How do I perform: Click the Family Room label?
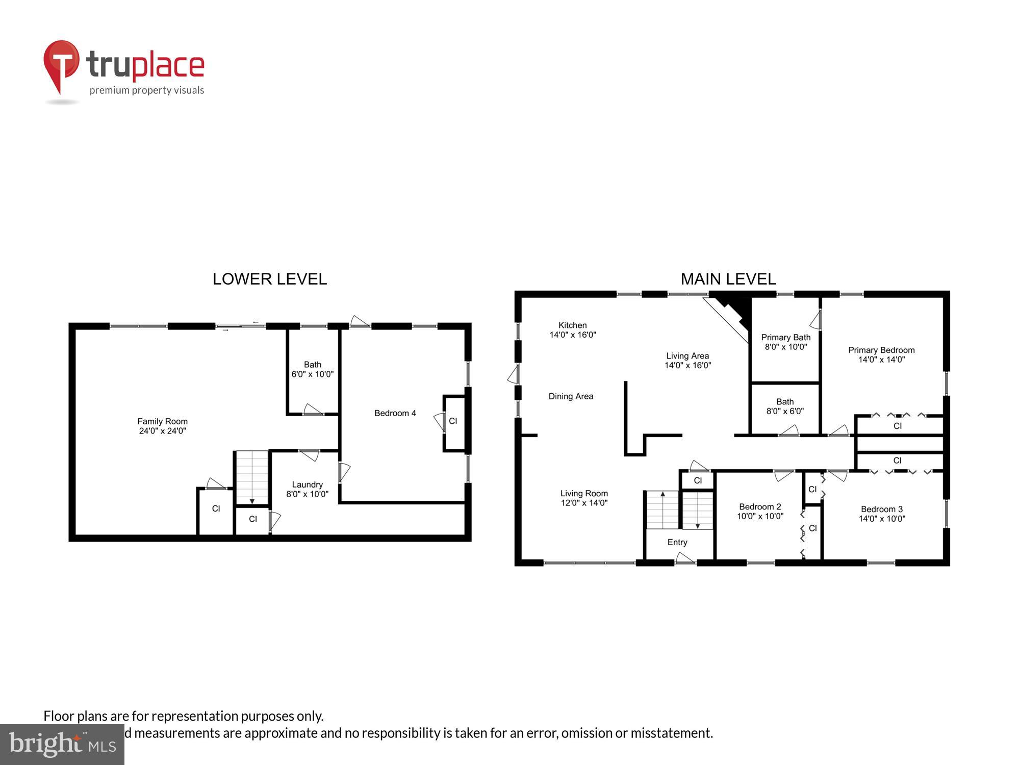[x=162, y=426]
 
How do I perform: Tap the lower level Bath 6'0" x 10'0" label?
[x=312, y=369]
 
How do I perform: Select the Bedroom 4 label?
[x=395, y=413]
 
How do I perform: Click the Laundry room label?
[x=307, y=489]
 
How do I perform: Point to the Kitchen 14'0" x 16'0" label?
[x=572, y=330]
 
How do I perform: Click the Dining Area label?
[x=571, y=396]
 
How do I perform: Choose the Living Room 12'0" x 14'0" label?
[x=584, y=498]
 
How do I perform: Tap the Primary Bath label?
[x=785, y=342]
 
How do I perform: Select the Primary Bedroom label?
[x=881, y=354]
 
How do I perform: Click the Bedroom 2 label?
[x=760, y=511]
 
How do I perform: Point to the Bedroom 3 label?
[x=881, y=514]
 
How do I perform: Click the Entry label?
[x=677, y=542]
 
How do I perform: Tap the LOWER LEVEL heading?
[x=269, y=279]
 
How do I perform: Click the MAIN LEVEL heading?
[x=728, y=279]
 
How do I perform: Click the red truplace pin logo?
[x=61, y=64]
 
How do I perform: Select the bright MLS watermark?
[x=62, y=745]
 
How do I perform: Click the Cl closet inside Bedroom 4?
[x=453, y=421]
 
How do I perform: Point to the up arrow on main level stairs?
[x=662, y=495]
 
